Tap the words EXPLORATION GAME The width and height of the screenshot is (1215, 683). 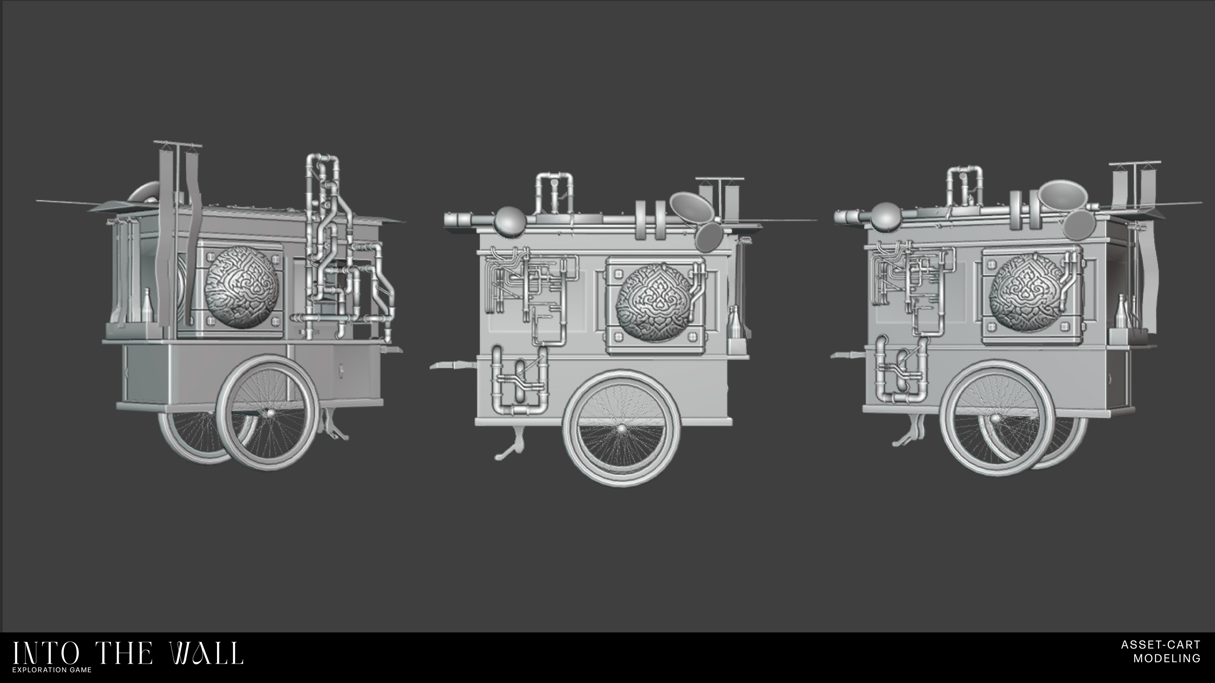tap(52, 669)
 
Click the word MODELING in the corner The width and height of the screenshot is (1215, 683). tap(1167, 658)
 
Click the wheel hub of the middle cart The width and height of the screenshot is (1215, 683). tap(622, 428)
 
